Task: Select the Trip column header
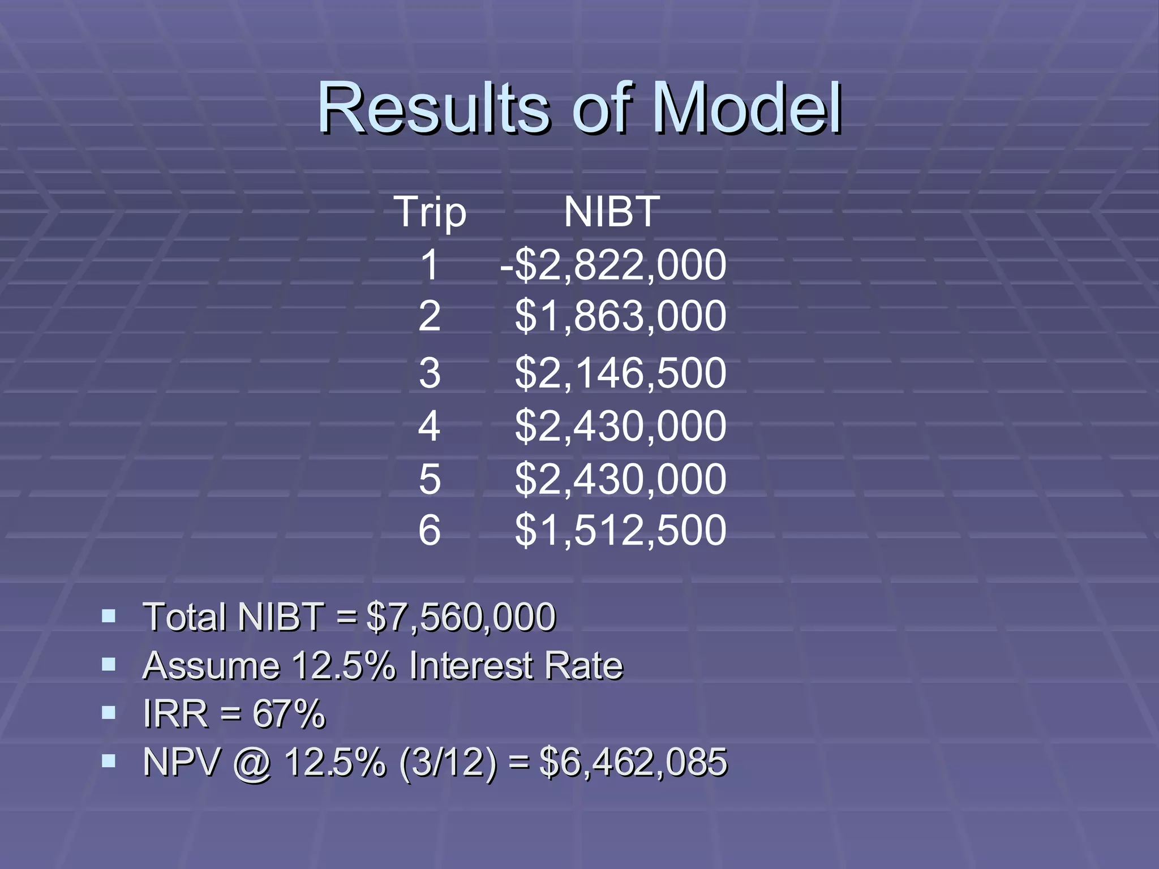point(430,212)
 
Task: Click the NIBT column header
point(612,212)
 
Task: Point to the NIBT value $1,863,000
point(620,316)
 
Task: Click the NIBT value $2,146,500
point(620,373)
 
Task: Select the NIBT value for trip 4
point(620,426)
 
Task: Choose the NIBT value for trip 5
point(620,479)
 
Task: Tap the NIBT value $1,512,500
point(620,530)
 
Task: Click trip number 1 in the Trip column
point(430,265)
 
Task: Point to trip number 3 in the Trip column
point(430,373)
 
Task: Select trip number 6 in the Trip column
point(430,530)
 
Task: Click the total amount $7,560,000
point(461,617)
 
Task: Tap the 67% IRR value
point(289,714)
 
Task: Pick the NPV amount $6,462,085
point(633,762)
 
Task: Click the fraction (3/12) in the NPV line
point(448,762)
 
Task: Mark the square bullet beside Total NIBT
point(109,616)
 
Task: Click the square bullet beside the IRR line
point(109,712)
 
